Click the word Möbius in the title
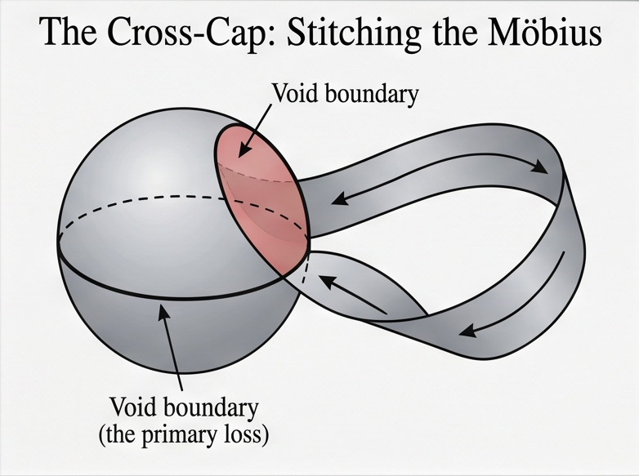click(x=544, y=32)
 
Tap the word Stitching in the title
click(x=354, y=33)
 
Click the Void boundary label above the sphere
click(x=345, y=94)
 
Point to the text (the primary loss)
click(x=184, y=435)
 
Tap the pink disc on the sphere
click(x=261, y=198)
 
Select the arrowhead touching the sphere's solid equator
click(x=163, y=312)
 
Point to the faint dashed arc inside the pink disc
click(x=257, y=174)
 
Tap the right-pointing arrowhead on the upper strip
click(x=540, y=166)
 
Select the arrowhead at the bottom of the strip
click(x=468, y=330)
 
